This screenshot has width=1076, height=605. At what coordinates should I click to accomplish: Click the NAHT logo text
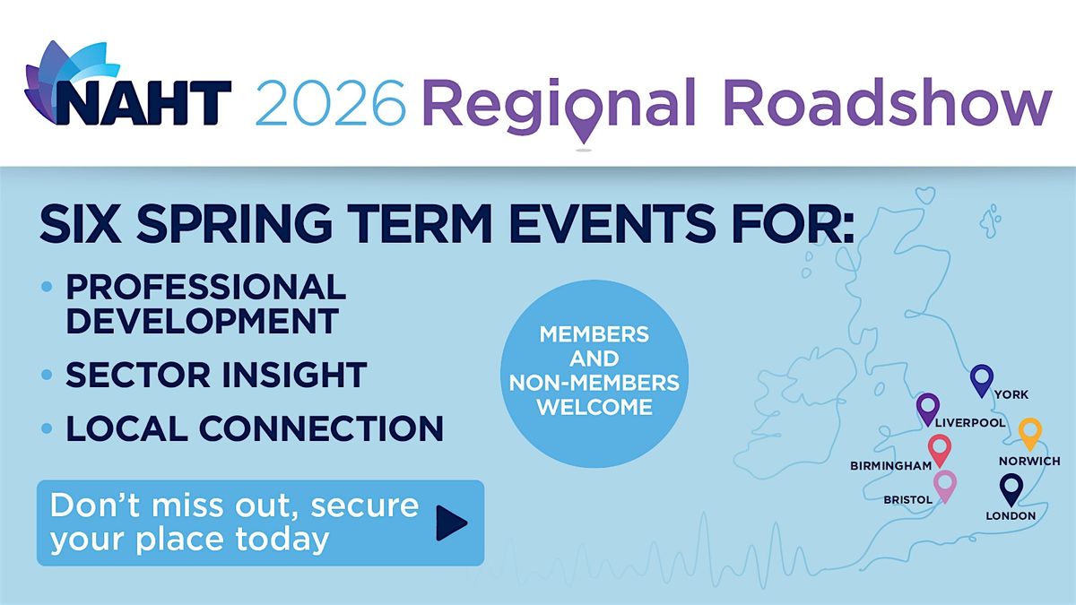coord(144,103)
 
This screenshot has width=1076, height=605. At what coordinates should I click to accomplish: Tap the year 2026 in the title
coord(331,103)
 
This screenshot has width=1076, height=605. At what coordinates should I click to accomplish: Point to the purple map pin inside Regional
coord(584,117)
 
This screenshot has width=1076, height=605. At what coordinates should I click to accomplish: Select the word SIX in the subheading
coord(80,224)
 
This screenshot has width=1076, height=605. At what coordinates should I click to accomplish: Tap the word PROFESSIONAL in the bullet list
coord(205,287)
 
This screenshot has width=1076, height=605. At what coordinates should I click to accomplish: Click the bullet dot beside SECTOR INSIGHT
coord(47,375)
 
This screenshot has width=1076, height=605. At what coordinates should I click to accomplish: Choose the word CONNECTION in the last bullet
coord(321,428)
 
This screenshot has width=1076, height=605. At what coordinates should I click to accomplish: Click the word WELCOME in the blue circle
coord(594,407)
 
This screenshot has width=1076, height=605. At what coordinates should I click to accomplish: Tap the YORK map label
coord(1011,394)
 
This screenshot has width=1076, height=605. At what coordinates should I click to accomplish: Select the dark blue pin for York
coord(981,380)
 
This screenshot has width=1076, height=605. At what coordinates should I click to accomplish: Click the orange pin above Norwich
coord(1030,434)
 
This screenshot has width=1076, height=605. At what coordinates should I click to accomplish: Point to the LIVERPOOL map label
coord(970,422)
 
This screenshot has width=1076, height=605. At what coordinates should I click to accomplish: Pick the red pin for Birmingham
coord(940,450)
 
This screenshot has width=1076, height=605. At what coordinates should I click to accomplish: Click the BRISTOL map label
coord(907,500)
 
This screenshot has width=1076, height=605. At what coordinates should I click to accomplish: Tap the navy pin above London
coord(1011,489)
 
